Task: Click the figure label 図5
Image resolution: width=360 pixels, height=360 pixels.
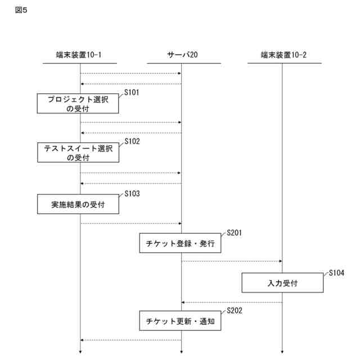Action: click(x=21, y=10)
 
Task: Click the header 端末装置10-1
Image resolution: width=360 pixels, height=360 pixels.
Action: click(x=79, y=55)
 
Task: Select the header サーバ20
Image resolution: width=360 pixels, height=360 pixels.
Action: click(x=182, y=55)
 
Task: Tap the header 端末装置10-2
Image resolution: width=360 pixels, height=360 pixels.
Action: click(x=283, y=55)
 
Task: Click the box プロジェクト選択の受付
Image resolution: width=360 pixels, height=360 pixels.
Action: click(x=78, y=103)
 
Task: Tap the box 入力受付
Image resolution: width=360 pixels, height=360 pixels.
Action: click(x=282, y=283)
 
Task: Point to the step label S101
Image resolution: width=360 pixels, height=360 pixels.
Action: click(x=132, y=91)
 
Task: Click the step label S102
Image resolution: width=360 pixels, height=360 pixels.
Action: click(x=132, y=141)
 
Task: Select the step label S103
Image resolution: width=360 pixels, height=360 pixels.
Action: click(x=132, y=194)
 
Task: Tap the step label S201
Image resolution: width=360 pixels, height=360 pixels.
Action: click(x=234, y=232)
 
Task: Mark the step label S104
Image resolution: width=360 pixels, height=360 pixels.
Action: click(x=336, y=272)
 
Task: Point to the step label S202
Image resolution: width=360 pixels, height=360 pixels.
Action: click(x=234, y=310)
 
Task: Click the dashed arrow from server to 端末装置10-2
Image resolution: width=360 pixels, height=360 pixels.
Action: click(x=231, y=261)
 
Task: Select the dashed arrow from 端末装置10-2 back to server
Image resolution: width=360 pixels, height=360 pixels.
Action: click(x=231, y=303)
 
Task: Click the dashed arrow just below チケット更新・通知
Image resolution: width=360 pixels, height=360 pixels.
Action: click(x=130, y=340)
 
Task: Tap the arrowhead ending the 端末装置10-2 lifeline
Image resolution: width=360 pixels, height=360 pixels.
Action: click(x=282, y=353)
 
